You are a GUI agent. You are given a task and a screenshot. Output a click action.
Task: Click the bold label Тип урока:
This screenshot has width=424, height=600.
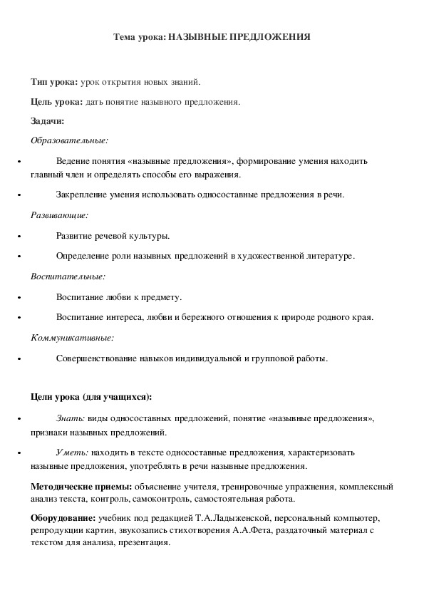(55, 83)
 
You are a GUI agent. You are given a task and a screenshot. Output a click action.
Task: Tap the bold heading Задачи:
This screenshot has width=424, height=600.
(48, 120)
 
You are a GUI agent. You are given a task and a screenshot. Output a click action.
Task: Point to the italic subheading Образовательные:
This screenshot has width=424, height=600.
(69, 140)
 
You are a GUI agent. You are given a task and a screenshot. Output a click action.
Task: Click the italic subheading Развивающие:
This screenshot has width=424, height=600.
(59, 214)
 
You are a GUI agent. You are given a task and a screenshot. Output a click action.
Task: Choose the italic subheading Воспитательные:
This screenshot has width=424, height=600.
(68, 276)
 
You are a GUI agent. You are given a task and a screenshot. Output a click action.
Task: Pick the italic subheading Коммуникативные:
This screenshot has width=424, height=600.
(72, 338)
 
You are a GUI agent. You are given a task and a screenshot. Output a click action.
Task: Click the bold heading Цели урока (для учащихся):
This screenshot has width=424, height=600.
(91, 397)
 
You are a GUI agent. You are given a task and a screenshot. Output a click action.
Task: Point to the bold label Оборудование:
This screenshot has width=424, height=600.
(63, 517)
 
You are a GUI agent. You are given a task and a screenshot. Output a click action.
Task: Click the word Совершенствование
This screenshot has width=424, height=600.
(93, 359)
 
